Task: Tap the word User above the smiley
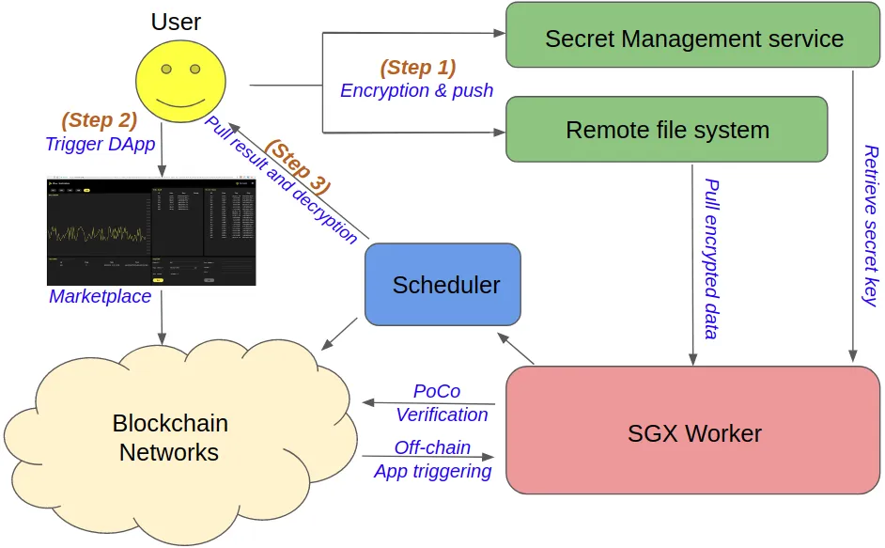(176, 22)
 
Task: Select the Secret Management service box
(694, 39)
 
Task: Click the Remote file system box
(666, 130)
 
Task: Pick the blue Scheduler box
(442, 285)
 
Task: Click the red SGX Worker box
(694, 432)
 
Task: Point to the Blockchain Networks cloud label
(169, 437)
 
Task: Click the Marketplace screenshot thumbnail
(151, 231)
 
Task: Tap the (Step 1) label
(417, 68)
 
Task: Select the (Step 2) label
(99, 120)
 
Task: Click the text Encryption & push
(416, 91)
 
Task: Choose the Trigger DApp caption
(100, 144)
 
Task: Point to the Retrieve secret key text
(870, 225)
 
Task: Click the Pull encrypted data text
(712, 258)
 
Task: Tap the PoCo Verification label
(441, 402)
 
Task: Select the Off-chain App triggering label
(432, 460)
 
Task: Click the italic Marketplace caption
(100, 296)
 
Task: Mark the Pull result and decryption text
(281, 180)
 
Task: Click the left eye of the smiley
(165, 70)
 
